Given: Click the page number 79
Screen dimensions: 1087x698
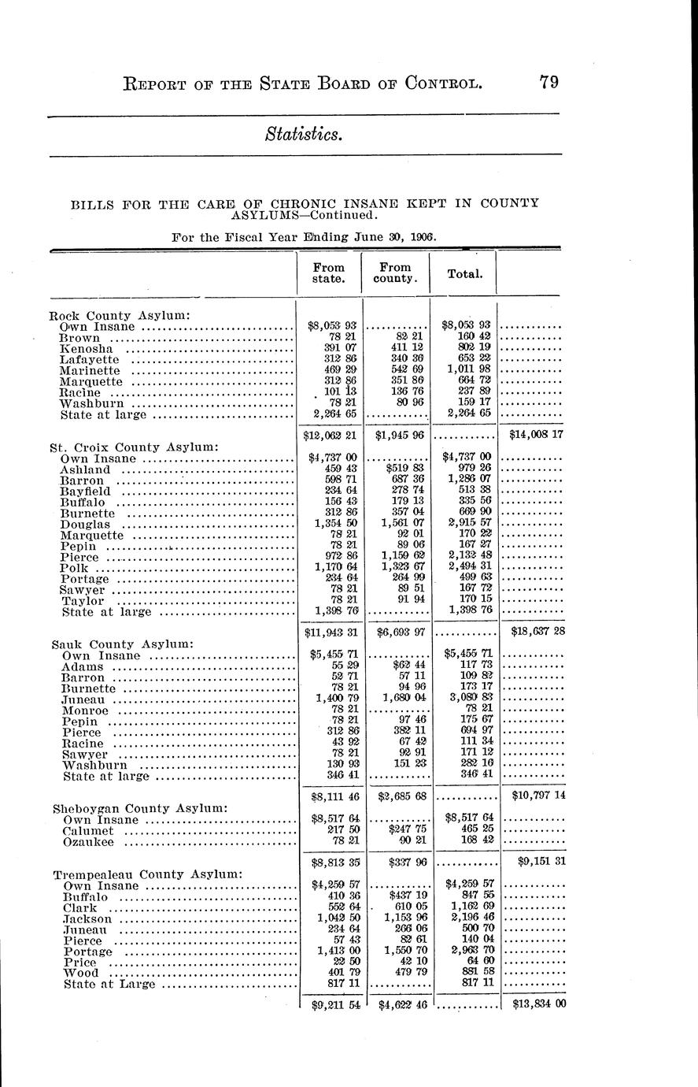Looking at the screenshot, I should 549,82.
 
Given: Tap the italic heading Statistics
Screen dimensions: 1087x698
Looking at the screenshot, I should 304,135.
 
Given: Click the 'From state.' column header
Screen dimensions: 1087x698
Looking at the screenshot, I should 328,273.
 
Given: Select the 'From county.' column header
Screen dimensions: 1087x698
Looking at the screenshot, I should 396,273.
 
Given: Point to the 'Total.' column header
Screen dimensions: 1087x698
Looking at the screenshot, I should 463,274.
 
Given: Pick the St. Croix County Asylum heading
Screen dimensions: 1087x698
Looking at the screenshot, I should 134,447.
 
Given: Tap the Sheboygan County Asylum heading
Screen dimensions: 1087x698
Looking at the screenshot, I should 140,808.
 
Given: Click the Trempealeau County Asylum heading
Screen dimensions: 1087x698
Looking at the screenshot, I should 147,874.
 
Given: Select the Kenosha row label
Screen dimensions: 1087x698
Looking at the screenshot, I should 87,348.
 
